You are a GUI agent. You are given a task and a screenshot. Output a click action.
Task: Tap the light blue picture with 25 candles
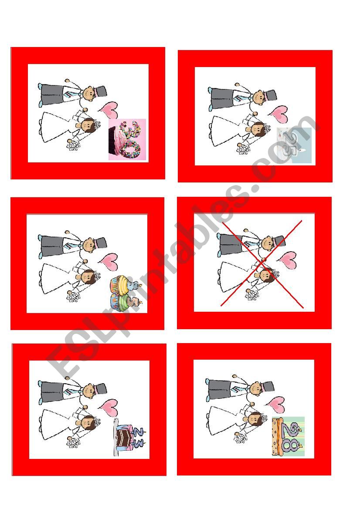pos(295,145)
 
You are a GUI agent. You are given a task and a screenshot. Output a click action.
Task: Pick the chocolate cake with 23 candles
pos(129,437)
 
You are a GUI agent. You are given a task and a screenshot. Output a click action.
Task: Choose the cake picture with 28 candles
pos(288,436)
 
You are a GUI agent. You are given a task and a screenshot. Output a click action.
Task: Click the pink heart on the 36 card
pos(108,109)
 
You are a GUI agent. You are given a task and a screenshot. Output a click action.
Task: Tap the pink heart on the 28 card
pos(277,404)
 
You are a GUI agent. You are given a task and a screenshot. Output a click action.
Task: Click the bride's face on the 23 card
pos(88,422)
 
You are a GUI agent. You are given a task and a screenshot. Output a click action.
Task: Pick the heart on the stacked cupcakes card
pos(107,261)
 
